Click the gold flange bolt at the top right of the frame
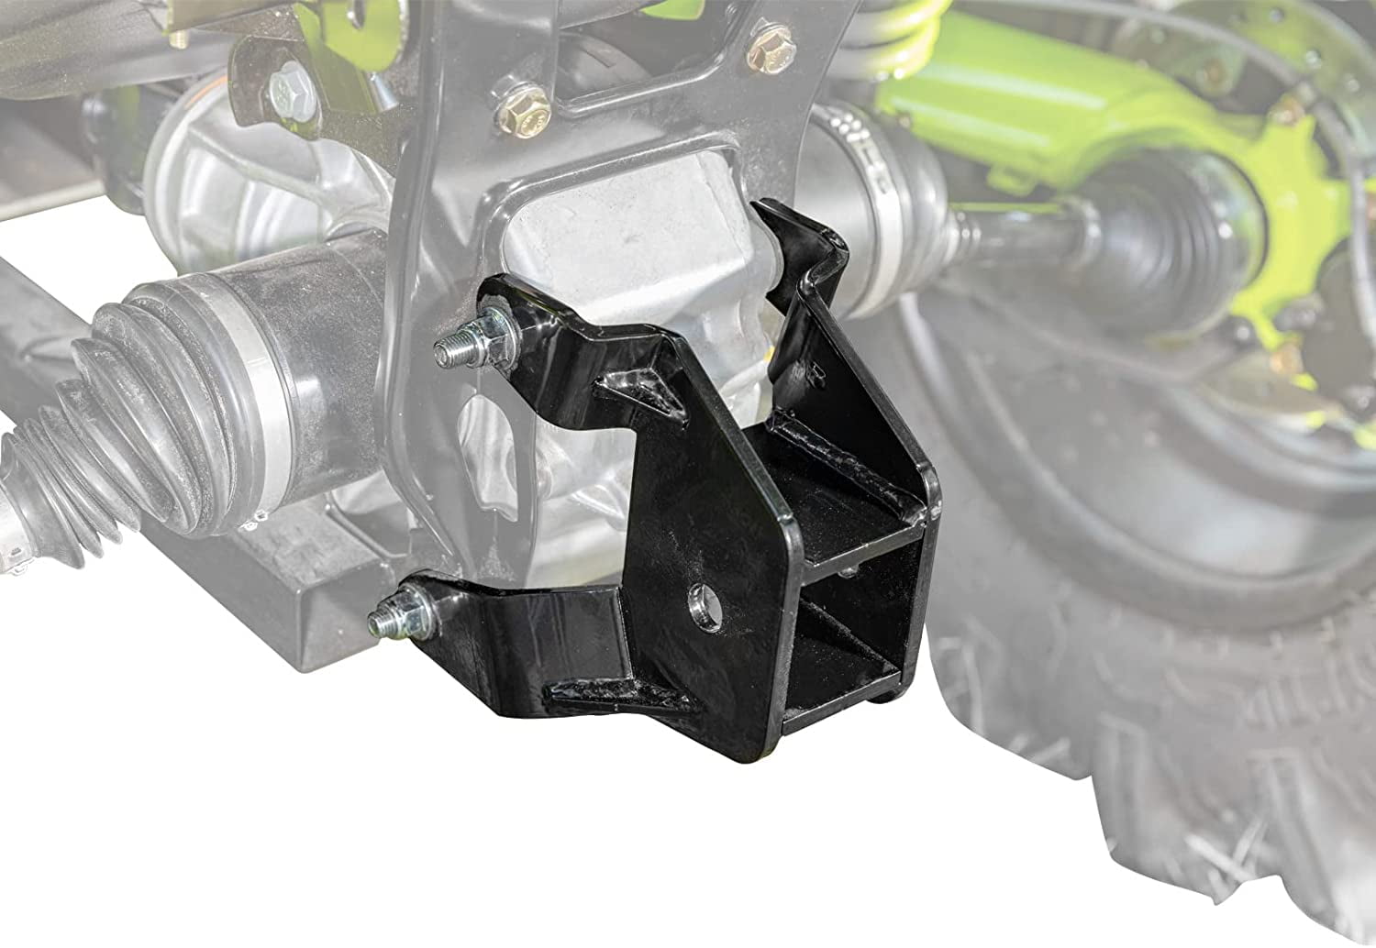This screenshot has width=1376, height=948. (x=769, y=52)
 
